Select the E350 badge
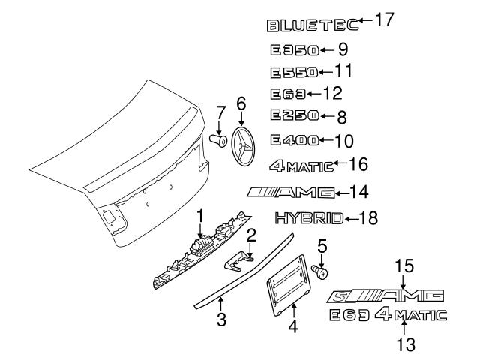point(294,51)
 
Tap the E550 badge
point(294,73)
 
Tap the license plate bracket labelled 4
point(287,289)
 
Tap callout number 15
point(404,265)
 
